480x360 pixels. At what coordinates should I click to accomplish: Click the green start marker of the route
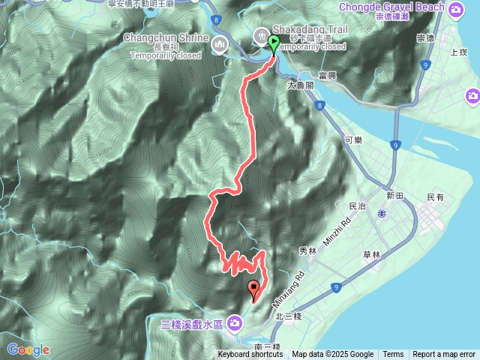(273, 43)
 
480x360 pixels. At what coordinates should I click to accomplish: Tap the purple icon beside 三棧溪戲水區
(235, 323)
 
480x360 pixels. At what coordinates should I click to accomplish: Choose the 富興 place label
(327, 76)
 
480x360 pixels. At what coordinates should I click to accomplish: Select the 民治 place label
(358, 205)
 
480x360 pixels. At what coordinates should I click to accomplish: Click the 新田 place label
(395, 195)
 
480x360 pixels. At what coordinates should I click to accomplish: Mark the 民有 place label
(435, 197)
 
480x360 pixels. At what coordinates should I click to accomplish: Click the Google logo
(28, 349)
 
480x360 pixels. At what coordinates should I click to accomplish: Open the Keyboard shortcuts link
(250, 355)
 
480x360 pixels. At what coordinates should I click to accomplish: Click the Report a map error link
(444, 355)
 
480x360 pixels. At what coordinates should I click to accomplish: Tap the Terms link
(393, 355)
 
